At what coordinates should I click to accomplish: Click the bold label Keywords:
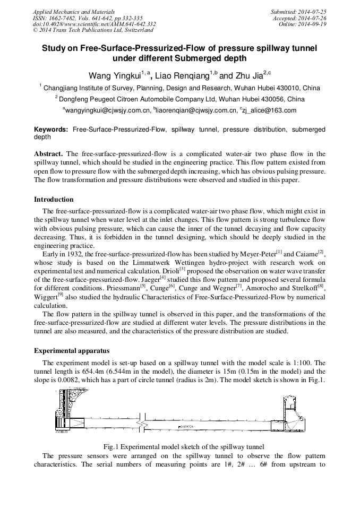click(x=51, y=130)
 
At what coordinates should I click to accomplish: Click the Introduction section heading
click(x=54, y=200)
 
